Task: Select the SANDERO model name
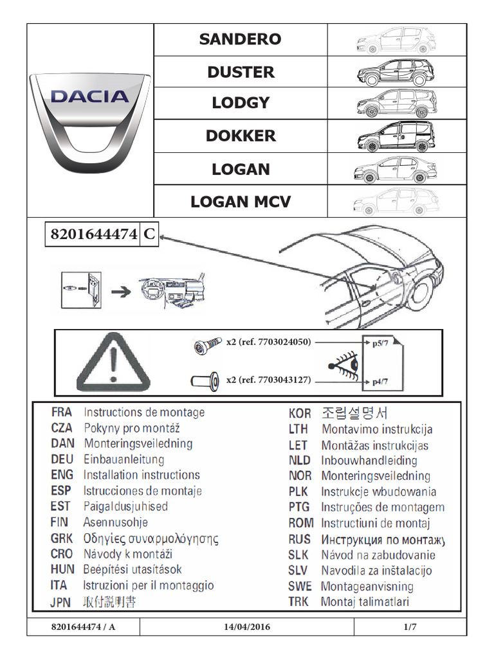coord(240,39)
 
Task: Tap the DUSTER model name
coord(240,72)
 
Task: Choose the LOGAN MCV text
coord(240,202)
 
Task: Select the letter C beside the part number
coord(148,235)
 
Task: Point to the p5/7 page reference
coord(381,344)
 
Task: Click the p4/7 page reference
coord(381,382)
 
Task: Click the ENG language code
coord(62,476)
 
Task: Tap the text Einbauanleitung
coord(123,459)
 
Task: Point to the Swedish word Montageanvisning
coord(367,587)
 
